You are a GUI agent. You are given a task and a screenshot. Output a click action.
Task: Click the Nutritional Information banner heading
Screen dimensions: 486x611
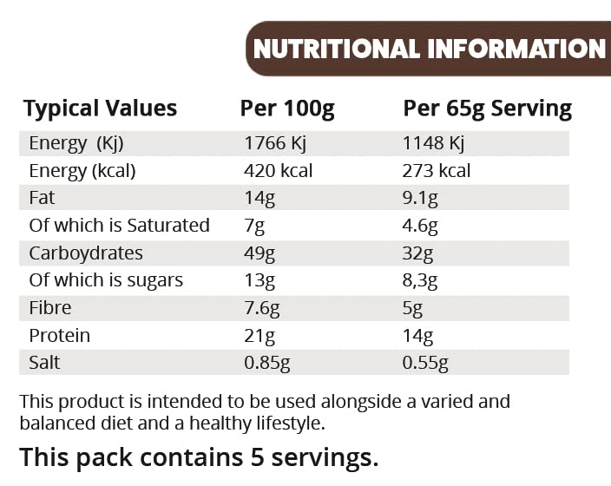(430, 49)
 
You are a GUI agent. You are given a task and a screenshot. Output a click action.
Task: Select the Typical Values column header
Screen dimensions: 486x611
(100, 108)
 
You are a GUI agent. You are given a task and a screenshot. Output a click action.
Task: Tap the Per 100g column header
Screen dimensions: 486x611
(287, 108)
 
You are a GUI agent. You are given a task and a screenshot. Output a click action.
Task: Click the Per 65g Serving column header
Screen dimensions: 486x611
(487, 108)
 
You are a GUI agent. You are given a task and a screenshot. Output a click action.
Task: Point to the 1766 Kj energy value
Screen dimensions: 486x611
(277, 143)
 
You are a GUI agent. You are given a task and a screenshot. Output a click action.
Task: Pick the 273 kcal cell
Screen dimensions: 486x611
(437, 171)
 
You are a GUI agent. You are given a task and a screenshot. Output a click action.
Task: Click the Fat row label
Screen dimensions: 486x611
(42, 198)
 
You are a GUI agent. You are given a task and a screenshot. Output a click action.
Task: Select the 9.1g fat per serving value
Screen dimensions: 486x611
(421, 199)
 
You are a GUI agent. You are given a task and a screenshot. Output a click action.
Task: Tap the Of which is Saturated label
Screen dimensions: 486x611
(119, 226)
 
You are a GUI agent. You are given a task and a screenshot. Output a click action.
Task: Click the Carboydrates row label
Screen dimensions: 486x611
(86, 253)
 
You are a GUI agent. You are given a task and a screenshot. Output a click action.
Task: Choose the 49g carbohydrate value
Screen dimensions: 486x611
(260, 253)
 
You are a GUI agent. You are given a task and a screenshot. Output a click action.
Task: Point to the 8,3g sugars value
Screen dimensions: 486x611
(421, 280)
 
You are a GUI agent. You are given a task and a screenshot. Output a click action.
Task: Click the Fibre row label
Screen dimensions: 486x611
(49, 308)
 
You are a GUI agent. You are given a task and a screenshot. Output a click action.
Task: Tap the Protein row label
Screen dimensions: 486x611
(59, 336)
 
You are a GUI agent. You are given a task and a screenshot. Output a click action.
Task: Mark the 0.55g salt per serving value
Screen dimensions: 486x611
(425, 363)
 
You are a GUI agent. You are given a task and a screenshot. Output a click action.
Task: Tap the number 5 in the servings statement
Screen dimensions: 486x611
(250, 457)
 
